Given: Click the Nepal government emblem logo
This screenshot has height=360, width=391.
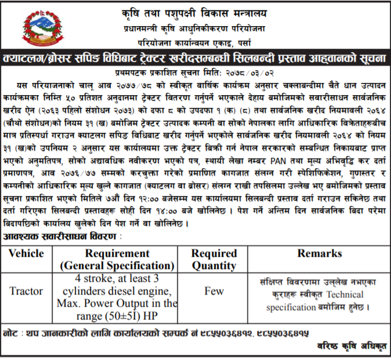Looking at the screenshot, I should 40,28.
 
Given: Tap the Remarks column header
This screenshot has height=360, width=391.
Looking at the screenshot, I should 319,253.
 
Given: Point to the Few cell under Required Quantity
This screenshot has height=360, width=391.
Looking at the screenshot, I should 214,291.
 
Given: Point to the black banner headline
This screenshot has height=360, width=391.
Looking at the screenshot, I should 195,60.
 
